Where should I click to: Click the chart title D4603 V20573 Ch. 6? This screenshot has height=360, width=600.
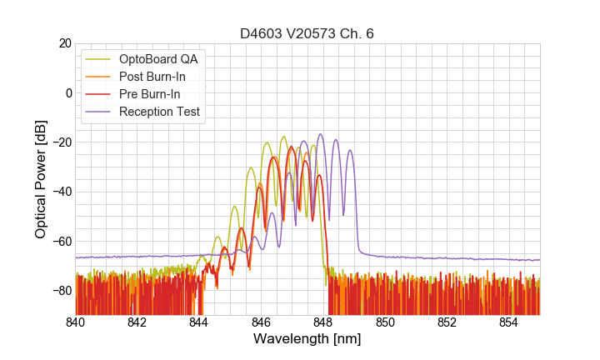(307, 34)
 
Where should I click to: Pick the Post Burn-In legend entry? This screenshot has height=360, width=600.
(153, 77)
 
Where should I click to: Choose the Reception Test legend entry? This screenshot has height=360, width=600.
(159, 112)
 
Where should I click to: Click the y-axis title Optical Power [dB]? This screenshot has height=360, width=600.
(40, 179)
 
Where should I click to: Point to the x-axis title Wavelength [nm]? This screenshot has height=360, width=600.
(307, 339)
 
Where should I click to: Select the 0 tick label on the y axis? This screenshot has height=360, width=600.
(67, 92)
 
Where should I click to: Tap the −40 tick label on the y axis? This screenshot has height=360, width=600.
(61, 192)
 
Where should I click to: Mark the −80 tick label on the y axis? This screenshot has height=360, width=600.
(61, 291)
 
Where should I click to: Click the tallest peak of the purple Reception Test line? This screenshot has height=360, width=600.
(320, 134)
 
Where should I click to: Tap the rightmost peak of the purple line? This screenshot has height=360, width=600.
(350, 151)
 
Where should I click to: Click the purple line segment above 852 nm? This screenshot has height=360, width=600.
(447, 258)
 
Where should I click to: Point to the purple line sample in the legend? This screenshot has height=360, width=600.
(100, 112)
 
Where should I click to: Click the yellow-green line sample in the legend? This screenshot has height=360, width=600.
(100, 59)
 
